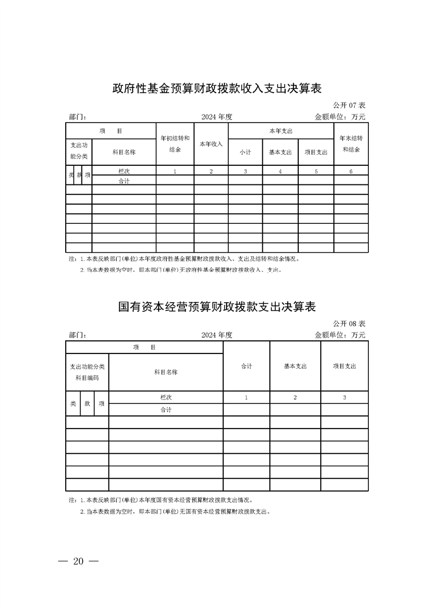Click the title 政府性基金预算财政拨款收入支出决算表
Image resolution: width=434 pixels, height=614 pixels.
[x=216, y=88]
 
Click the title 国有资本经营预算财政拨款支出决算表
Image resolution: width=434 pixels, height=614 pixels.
[x=217, y=306]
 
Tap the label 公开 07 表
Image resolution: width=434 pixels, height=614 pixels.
[x=349, y=105]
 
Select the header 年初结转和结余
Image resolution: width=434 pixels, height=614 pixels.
[x=175, y=143]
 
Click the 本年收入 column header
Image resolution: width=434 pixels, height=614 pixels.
[x=211, y=144]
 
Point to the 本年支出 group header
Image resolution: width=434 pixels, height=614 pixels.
[x=281, y=131]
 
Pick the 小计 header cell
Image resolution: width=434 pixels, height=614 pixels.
[x=245, y=152]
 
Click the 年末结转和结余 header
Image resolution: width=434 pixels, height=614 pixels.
[x=351, y=143]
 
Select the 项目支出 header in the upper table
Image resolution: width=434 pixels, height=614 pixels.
[x=316, y=152]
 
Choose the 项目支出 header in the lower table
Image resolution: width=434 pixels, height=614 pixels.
[x=344, y=366]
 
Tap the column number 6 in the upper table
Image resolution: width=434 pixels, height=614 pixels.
[x=351, y=171]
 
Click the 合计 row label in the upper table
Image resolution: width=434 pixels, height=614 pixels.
[x=124, y=181]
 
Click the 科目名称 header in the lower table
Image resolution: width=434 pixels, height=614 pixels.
[x=166, y=372]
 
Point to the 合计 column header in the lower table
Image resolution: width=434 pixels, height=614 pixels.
[x=246, y=366]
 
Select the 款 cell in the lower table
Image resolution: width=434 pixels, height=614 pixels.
[x=87, y=403]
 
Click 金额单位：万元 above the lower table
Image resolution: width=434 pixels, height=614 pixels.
[x=340, y=335]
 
